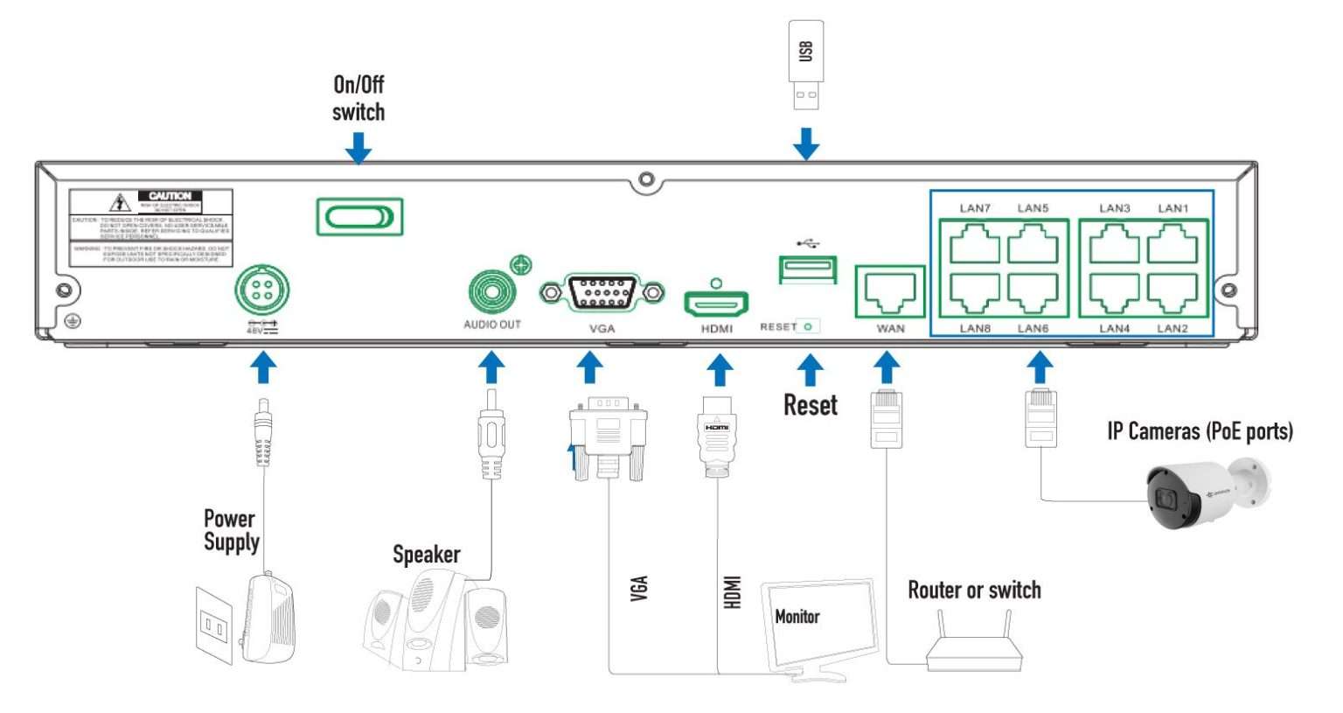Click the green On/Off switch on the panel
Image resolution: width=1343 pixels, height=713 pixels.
[x=359, y=216]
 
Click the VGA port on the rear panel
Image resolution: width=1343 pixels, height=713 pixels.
[x=602, y=292]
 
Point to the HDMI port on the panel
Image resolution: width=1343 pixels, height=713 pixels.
[x=716, y=304]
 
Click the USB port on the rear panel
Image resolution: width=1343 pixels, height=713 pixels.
[x=807, y=269]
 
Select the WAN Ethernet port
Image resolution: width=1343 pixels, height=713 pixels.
[x=889, y=292]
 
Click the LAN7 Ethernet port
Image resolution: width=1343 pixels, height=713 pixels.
[x=974, y=243]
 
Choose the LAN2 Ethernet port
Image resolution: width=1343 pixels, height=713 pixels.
[x=1172, y=293]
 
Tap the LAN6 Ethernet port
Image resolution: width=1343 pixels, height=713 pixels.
[x=1033, y=293]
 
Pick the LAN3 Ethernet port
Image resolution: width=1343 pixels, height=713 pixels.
[x=1114, y=243]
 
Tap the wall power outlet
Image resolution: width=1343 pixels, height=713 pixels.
[x=214, y=625]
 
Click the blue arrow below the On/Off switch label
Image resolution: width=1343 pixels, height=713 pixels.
[x=358, y=148]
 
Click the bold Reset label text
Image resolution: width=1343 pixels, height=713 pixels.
[x=810, y=405]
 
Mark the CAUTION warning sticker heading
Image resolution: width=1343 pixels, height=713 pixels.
[x=170, y=196]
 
